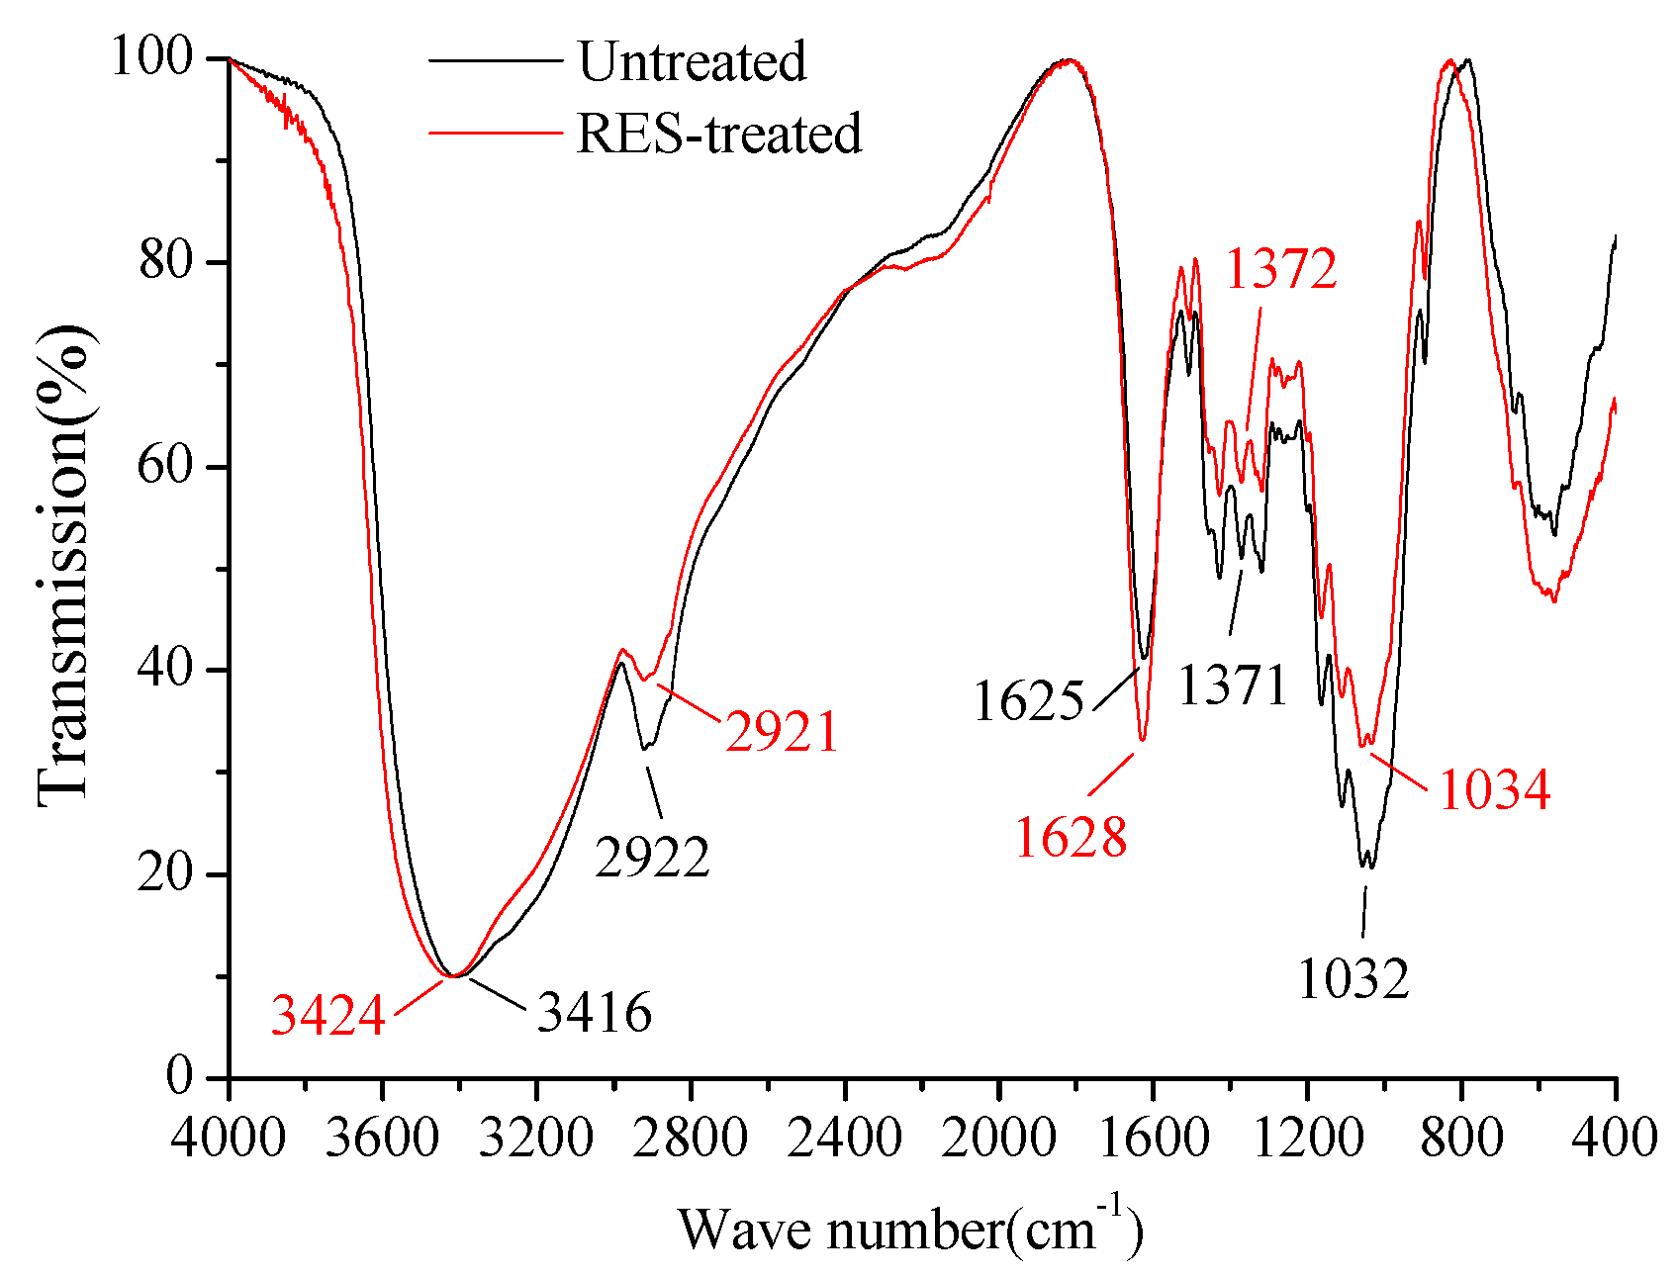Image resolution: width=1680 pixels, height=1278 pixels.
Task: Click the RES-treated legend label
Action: click(718, 134)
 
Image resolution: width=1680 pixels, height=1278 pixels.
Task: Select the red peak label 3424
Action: click(327, 1016)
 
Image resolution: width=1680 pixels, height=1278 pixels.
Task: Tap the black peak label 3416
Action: click(595, 1012)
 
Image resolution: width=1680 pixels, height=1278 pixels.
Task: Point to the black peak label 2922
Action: click(652, 857)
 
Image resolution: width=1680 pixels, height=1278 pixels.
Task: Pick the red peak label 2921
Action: click(782, 733)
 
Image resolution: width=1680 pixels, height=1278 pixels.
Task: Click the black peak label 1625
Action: click(1029, 702)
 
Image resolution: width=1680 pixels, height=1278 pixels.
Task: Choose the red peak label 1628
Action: click(1071, 838)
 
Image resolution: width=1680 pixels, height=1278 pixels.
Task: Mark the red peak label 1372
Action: click(1281, 269)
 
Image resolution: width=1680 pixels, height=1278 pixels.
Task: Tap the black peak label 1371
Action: click(1233, 685)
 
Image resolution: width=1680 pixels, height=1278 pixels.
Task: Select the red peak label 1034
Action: click(1494, 790)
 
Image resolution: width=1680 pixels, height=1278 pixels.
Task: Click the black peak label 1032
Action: click(1353, 979)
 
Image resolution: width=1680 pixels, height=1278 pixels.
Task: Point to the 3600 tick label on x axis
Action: click(382, 1138)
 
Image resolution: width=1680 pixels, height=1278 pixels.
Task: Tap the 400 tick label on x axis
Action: click(1615, 1138)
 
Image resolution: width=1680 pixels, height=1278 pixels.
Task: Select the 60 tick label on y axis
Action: click(164, 465)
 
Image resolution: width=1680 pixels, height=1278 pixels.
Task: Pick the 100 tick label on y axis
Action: click(150, 57)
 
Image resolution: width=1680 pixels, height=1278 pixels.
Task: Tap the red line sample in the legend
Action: click(495, 134)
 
